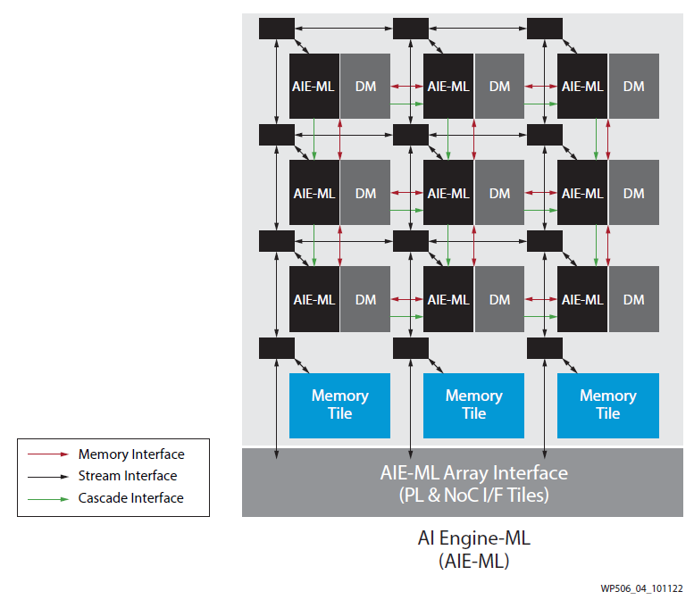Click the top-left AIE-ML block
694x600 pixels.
(314, 87)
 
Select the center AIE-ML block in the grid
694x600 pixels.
(448, 193)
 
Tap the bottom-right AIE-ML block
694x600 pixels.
(582, 299)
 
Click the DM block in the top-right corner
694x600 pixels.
(634, 87)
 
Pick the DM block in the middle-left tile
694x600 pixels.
(365, 193)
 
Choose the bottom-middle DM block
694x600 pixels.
(500, 299)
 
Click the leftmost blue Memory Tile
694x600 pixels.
(339, 404)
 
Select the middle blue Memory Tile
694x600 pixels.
(473, 404)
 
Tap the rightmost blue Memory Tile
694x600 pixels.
(608, 404)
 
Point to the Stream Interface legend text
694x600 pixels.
(128, 476)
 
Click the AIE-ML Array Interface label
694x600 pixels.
(473, 472)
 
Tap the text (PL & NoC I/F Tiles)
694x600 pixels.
(473, 494)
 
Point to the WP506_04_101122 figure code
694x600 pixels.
(641, 589)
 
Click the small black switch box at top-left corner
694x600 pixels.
(276, 29)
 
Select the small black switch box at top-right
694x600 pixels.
(544, 29)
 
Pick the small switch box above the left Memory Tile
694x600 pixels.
(276, 347)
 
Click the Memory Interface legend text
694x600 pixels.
(131, 454)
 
